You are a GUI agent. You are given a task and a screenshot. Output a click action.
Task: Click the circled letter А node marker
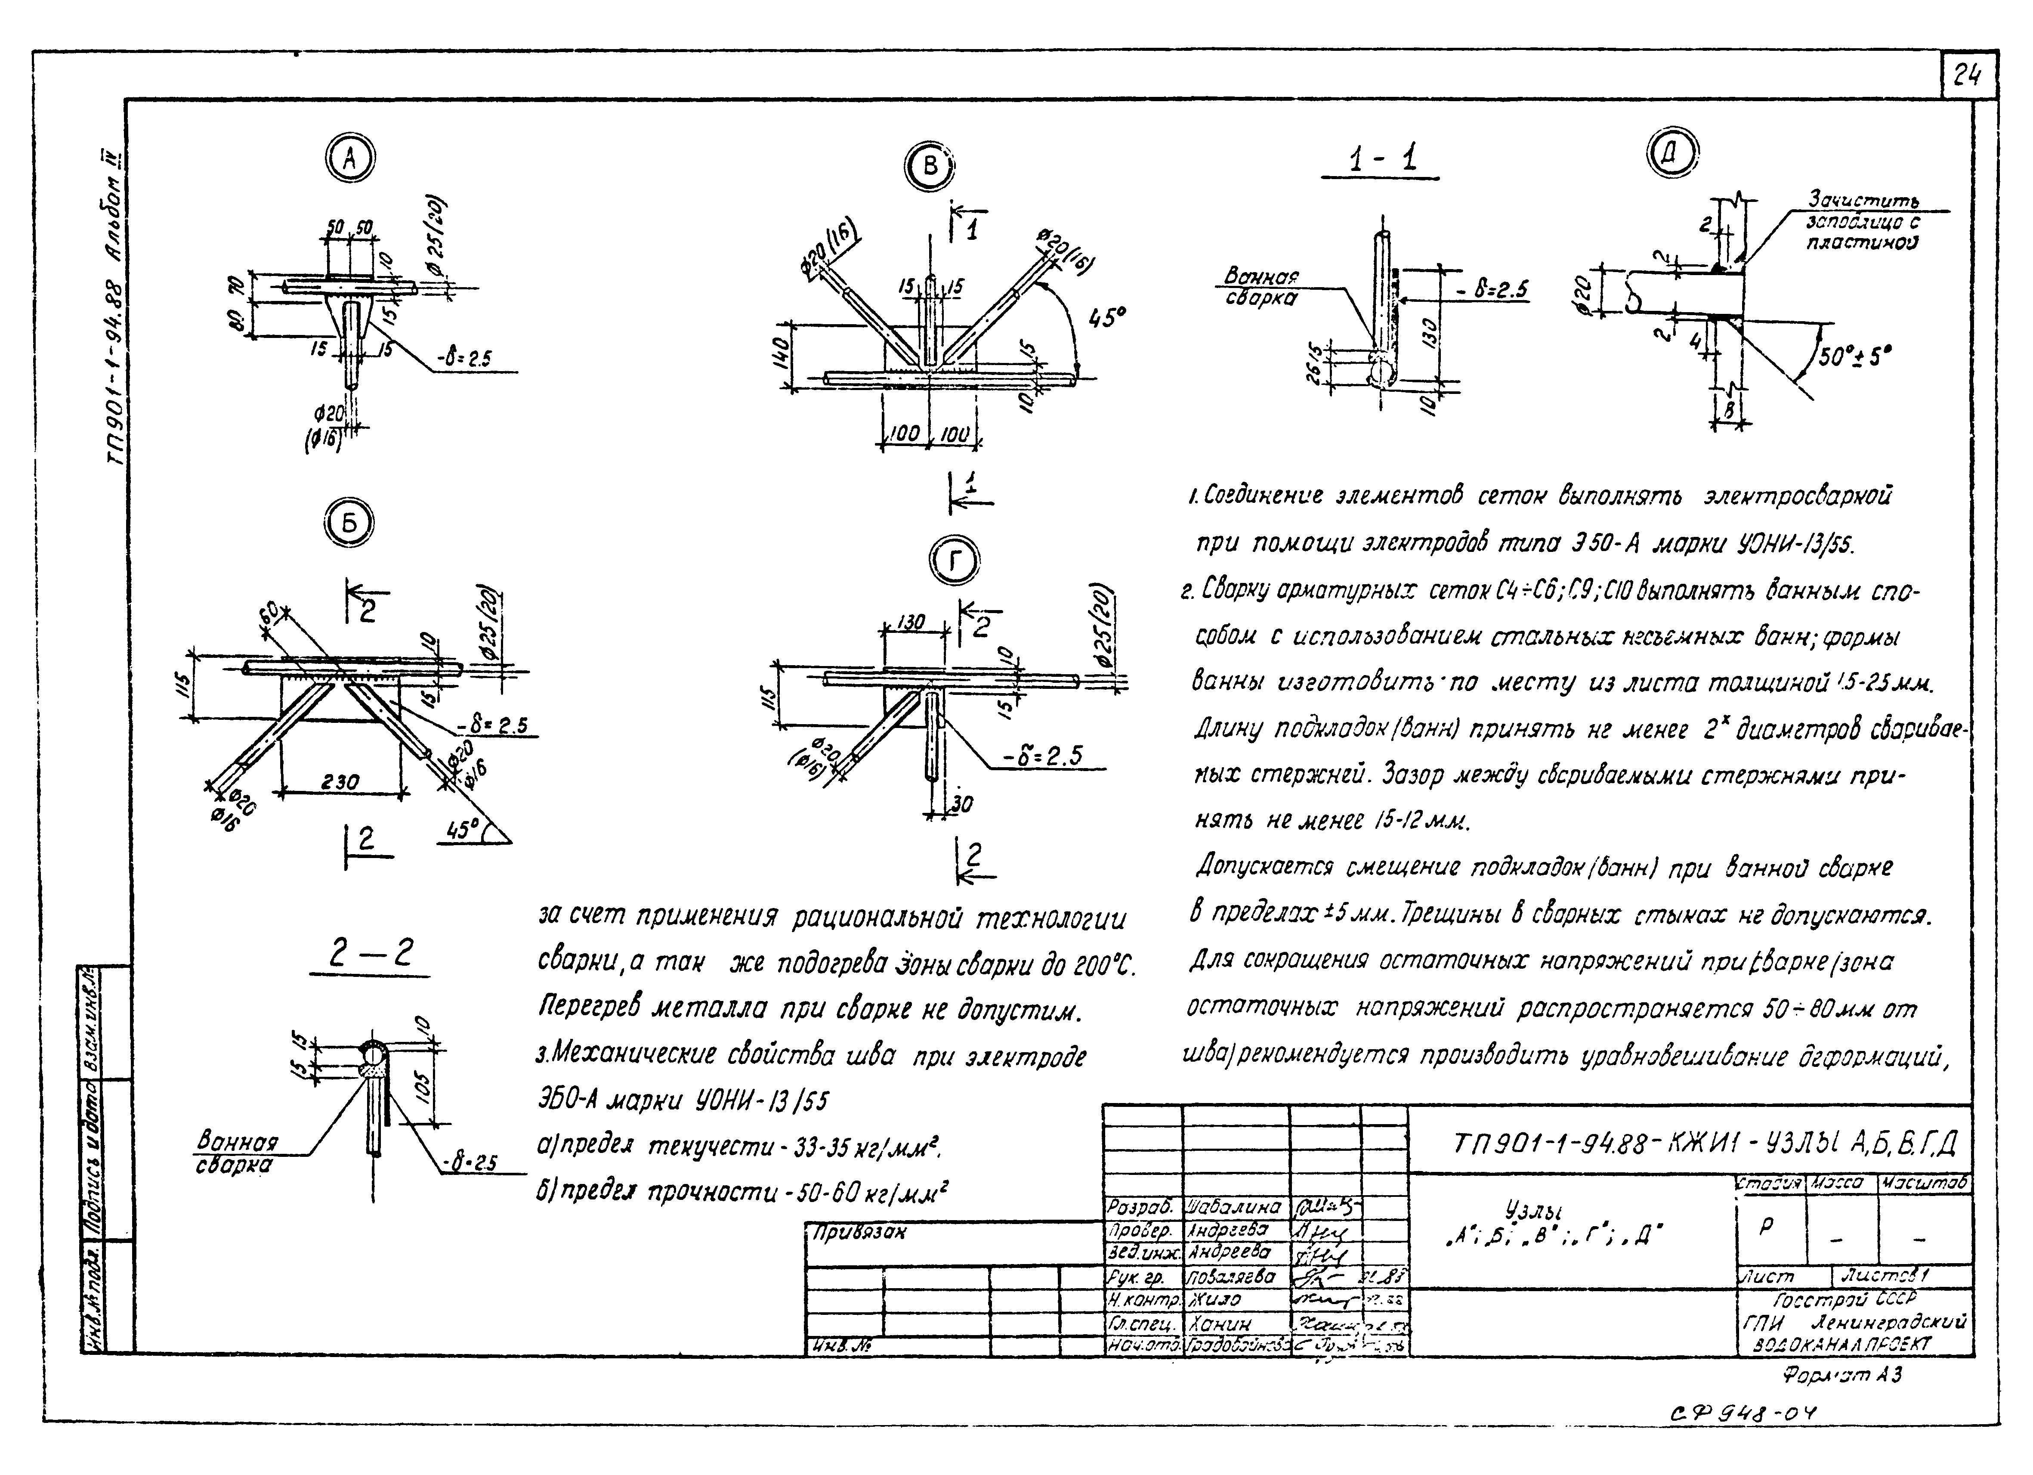point(349,160)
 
